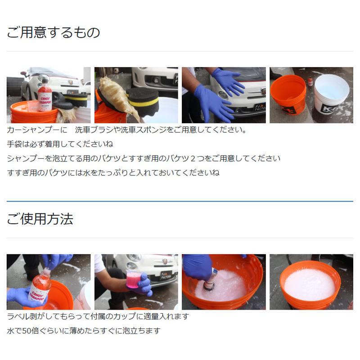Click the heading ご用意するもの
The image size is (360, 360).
point(53,32)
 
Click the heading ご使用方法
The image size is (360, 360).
point(40,219)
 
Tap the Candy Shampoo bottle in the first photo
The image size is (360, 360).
point(45,95)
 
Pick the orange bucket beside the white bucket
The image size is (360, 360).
point(288,97)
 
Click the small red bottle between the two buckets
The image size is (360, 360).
point(310,81)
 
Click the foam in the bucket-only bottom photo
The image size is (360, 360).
point(309,284)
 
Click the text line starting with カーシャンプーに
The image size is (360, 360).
point(127,130)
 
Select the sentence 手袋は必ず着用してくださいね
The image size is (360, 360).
point(60,144)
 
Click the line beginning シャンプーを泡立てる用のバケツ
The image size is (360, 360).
point(144,158)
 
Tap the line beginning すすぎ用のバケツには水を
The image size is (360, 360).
point(113,173)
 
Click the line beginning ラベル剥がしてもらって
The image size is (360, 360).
point(98,316)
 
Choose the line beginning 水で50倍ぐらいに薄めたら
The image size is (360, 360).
point(84,331)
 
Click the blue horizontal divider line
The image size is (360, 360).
point(180,201)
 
